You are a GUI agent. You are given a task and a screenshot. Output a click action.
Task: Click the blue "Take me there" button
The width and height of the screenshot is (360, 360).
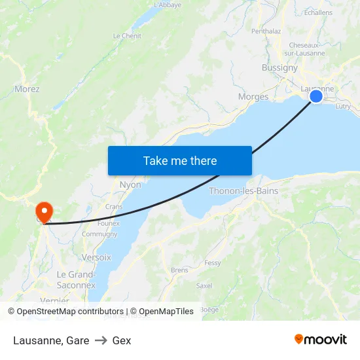click(180, 160)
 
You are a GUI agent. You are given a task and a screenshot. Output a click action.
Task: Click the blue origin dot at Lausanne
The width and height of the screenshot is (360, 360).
click(316, 96)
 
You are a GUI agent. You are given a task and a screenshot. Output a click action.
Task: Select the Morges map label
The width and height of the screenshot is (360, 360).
click(253, 97)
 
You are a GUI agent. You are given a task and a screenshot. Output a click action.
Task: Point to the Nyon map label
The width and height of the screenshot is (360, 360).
click(130, 185)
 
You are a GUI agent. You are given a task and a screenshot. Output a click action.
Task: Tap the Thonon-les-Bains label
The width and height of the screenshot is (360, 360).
click(243, 191)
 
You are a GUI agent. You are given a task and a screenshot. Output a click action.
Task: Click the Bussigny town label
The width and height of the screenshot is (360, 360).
click(279, 67)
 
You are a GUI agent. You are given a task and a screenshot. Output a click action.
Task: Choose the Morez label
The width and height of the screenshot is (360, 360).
click(27, 89)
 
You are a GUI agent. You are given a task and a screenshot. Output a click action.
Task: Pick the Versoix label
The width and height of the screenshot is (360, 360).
click(96, 258)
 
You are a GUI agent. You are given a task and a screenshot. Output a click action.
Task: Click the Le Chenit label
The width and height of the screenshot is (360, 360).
click(127, 36)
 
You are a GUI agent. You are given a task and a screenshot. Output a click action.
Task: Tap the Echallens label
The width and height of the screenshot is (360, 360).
click(318, 12)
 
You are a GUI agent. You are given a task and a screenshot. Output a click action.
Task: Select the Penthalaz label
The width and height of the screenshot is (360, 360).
click(266, 31)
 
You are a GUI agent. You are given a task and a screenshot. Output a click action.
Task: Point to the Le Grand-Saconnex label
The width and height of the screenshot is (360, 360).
click(77, 279)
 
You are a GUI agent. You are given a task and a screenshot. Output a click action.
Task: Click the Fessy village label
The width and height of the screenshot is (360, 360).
click(213, 262)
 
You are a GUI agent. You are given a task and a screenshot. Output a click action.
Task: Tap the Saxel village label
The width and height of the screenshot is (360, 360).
click(204, 285)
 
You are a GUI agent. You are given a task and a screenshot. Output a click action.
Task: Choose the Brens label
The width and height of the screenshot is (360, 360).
click(179, 270)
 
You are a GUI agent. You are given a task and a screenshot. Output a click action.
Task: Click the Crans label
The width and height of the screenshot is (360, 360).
click(114, 206)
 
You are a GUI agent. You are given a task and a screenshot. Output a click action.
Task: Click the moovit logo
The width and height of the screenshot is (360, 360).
click(321, 340)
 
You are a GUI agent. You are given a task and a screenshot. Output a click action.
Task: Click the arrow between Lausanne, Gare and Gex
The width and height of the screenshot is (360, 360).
click(101, 340)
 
